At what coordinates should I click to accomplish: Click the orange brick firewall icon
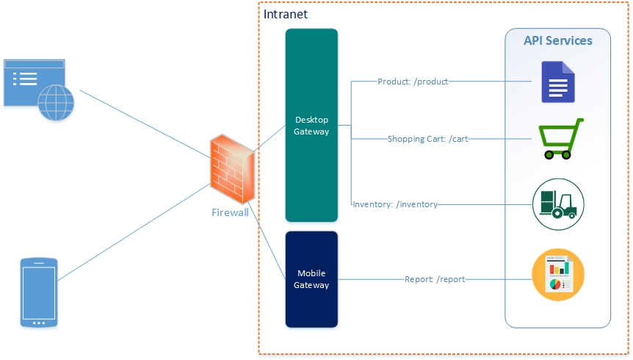(x=232, y=169)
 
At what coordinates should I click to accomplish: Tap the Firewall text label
(x=230, y=212)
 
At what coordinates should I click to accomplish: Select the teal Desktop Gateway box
(x=311, y=125)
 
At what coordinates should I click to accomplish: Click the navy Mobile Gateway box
(x=311, y=279)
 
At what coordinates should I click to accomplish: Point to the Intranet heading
(x=286, y=15)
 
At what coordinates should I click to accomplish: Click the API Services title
(x=558, y=41)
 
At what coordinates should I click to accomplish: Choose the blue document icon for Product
(x=558, y=82)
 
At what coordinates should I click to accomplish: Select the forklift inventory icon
(x=558, y=204)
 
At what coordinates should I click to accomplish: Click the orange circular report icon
(x=558, y=275)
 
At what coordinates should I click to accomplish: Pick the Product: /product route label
(x=413, y=82)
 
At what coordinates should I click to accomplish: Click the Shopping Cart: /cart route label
(x=427, y=139)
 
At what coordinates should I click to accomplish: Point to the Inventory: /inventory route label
(x=395, y=204)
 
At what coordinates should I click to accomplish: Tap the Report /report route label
(x=435, y=279)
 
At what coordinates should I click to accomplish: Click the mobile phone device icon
(x=39, y=292)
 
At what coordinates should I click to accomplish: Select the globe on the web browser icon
(x=56, y=103)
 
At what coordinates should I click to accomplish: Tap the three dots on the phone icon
(x=39, y=323)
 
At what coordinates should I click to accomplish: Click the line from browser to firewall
(x=145, y=123)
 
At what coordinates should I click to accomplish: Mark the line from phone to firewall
(x=134, y=232)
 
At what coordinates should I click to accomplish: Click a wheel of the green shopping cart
(x=549, y=155)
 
